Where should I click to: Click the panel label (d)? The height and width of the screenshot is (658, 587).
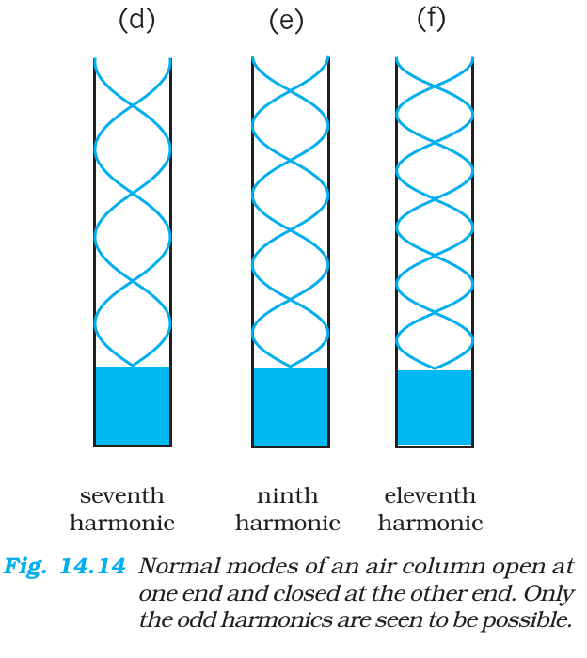click(x=137, y=21)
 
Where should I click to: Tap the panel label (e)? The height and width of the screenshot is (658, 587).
click(x=286, y=22)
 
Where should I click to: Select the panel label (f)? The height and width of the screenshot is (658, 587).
click(x=431, y=20)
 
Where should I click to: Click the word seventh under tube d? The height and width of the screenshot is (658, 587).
click(x=121, y=495)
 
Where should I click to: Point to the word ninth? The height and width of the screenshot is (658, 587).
click(x=287, y=495)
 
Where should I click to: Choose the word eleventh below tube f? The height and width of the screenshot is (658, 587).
click(x=430, y=495)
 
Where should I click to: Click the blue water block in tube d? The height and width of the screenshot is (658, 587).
click(x=133, y=405)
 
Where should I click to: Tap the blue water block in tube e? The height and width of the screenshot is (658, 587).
click(x=291, y=406)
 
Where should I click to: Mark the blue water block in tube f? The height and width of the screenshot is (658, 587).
click(x=435, y=407)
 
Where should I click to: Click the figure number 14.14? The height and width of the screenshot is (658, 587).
click(x=92, y=566)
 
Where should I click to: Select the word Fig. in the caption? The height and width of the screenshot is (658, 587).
click(x=24, y=567)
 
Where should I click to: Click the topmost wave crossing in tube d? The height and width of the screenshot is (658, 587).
click(x=133, y=105)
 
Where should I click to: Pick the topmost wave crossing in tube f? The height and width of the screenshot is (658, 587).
click(x=435, y=86)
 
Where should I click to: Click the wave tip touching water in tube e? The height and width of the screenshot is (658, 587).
click(x=291, y=367)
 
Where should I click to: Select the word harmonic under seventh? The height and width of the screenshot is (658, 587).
click(x=121, y=523)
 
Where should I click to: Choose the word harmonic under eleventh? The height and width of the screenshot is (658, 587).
click(x=430, y=523)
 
